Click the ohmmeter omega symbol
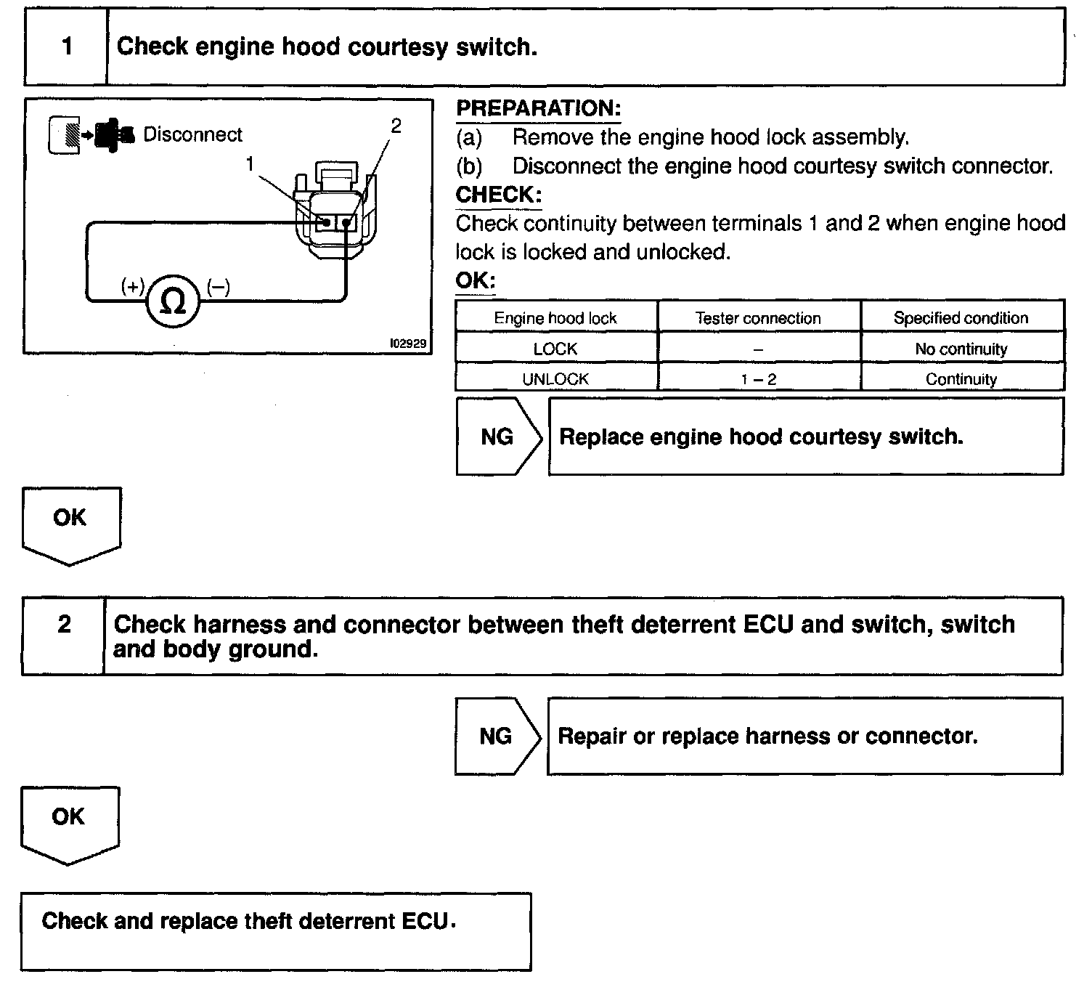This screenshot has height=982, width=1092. click(x=174, y=300)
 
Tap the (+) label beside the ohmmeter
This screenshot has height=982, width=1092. click(x=133, y=287)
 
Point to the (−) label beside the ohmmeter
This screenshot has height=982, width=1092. click(x=218, y=287)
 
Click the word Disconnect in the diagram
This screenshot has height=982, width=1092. click(x=192, y=134)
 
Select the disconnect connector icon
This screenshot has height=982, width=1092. click(x=91, y=136)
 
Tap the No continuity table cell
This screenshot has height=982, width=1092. click(x=961, y=349)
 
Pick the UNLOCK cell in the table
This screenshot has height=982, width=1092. click(x=555, y=378)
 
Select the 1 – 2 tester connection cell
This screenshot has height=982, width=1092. click(x=758, y=378)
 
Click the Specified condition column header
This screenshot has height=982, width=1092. click(x=961, y=317)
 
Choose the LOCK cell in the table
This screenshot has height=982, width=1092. click(x=555, y=349)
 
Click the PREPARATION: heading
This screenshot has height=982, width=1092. click(x=538, y=108)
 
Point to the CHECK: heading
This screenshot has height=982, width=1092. click(x=498, y=194)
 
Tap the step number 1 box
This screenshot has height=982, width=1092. click(x=67, y=47)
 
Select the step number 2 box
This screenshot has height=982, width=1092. click(x=64, y=624)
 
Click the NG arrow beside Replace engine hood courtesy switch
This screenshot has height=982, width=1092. click(x=498, y=437)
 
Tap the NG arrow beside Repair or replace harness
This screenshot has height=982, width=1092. click(x=497, y=736)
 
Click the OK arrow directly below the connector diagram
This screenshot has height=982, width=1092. click(x=70, y=522)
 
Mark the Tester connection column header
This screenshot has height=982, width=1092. click(x=758, y=317)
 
